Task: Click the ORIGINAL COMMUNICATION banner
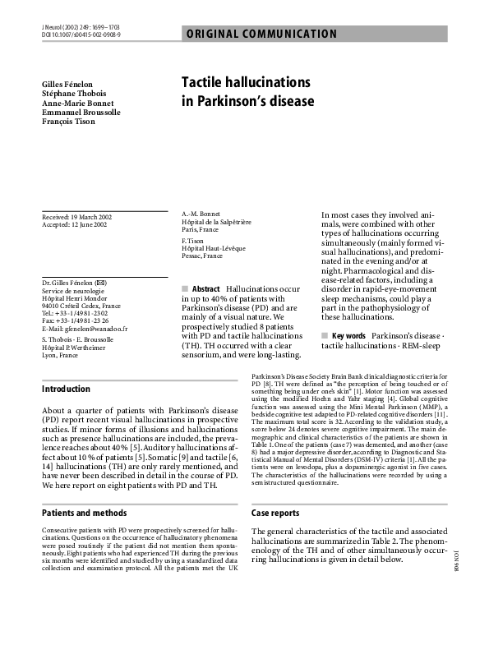click(261, 34)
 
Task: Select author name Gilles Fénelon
click(68, 85)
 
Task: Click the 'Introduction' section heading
click(66, 389)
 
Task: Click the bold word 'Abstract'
click(205, 290)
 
